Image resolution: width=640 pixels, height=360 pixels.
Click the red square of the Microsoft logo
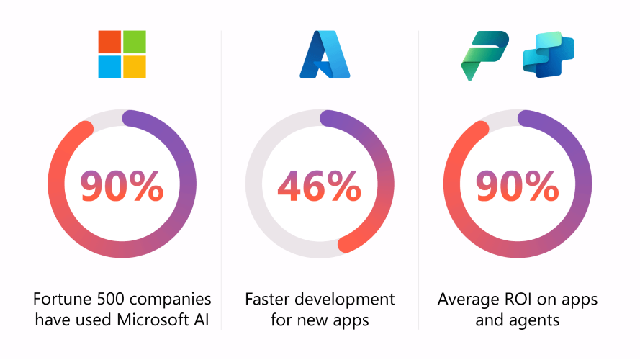110,42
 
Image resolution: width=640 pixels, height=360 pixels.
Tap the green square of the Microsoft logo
135,42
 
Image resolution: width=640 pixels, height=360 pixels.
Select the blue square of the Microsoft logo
110,66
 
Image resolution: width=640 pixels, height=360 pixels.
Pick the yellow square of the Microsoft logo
135,66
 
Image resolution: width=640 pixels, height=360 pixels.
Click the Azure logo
325,55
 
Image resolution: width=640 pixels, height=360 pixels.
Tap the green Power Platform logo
484,55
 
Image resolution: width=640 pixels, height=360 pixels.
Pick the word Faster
271,299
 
